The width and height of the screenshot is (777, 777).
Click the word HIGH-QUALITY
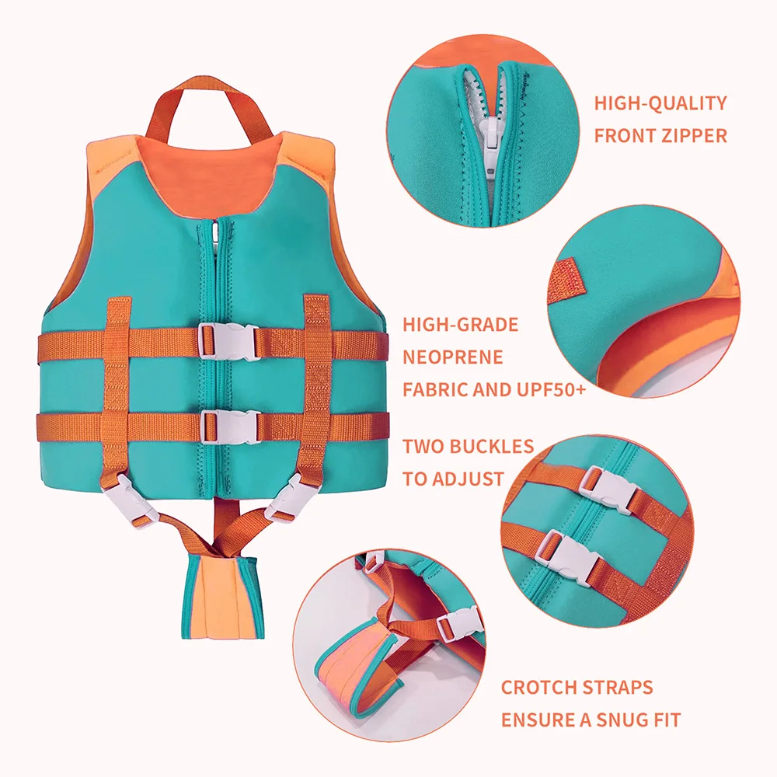(x=660, y=103)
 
